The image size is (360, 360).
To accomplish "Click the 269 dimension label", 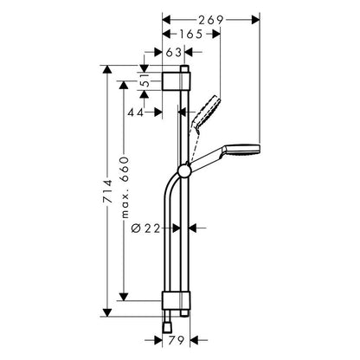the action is (210, 20).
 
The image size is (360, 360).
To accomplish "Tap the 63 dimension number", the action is (174, 52).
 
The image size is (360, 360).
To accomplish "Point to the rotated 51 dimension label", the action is (146, 81).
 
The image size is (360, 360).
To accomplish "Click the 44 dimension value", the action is (136, 112).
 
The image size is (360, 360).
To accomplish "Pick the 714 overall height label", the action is (107, 191).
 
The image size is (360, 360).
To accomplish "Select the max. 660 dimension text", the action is (125, 188).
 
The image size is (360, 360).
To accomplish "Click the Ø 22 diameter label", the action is (145, 228).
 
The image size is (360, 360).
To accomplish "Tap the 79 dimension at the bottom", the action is (176, 340).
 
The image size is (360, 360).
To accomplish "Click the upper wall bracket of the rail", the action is (177, 81).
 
